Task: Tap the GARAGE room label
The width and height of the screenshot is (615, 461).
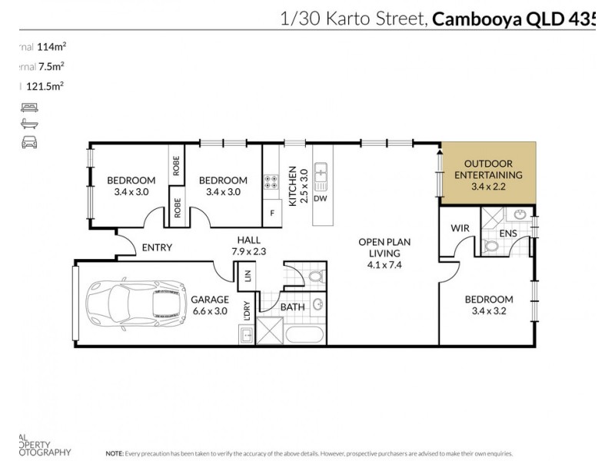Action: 210,299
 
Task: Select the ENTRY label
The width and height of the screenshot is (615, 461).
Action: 157,247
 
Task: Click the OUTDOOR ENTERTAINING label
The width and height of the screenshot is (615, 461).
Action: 488,169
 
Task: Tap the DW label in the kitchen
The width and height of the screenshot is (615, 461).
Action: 321,199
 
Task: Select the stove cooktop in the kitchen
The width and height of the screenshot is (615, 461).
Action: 271,183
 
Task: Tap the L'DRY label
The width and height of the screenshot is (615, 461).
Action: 248,312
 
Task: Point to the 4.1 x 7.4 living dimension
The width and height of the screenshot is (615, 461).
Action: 385,265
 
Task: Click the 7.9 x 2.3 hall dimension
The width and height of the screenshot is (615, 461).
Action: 248,251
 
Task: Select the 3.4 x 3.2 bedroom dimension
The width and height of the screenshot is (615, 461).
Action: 488,312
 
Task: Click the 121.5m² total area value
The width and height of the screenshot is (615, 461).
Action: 45,87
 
